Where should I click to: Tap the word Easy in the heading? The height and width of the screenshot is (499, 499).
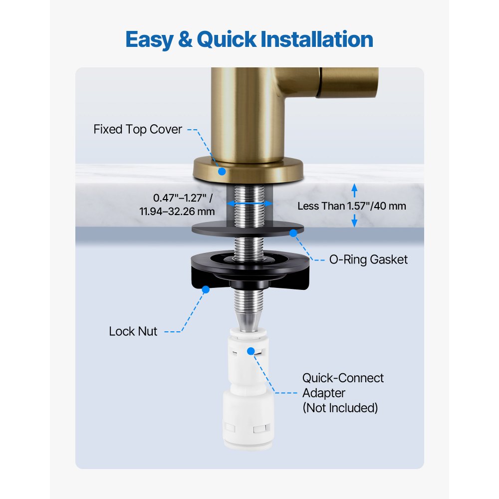tap(148, 39)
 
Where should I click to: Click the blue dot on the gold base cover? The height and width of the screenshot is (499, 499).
tap(222, 171)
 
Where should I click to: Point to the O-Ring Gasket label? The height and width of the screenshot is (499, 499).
tap(369, 259)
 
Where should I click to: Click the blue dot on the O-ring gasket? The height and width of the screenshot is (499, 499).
tap(293, 233)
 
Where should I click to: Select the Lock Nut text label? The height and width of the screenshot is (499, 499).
tap(133, 331)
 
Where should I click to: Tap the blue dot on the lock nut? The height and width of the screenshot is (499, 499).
tap(205, 288)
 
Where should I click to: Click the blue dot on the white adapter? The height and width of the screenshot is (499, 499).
tap(250, 351)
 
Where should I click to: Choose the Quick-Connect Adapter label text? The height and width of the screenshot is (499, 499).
tap(343, 385)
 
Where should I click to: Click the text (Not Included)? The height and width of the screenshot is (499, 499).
tap(340, 408)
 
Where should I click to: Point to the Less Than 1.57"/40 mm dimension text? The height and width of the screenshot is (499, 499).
tap(352, 206)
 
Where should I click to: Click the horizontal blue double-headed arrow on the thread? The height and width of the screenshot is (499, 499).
tap(249, 204)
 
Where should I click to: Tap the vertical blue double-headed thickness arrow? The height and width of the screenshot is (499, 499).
tap(354, 206)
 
